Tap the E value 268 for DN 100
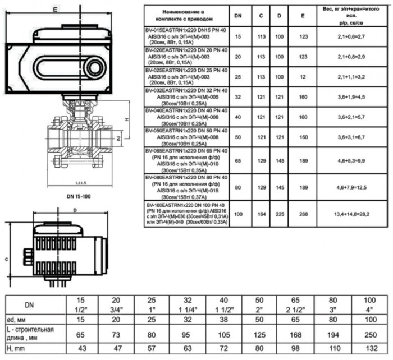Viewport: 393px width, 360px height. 303,213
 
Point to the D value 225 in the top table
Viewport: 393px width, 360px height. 279,213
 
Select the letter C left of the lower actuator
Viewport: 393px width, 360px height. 6,259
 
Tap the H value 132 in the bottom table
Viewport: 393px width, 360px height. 371,349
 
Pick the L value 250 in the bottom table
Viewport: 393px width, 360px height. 371,335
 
